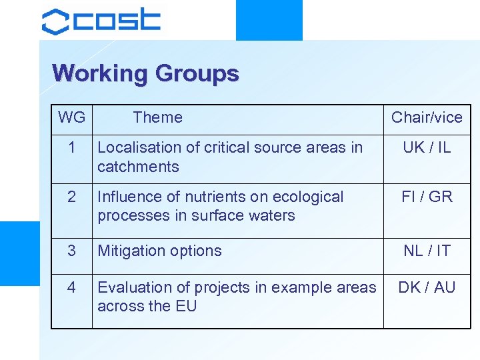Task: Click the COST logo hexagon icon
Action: [55, 21]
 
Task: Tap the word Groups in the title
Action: [197, 73]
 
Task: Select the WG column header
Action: [71, 118]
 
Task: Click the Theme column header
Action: [157, 118]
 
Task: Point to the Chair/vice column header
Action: [427, 118]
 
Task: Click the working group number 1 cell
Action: [71, 147]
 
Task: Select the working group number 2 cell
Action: [71, 197]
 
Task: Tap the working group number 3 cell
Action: [71, 251]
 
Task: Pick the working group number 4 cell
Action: [71, 287]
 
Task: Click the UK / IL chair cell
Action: [427, 147]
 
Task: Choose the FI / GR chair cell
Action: [427, 197]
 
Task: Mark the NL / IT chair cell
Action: [427, 251]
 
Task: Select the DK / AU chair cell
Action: [427, 287]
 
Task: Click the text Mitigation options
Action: [159, 251]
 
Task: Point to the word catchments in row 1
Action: [138, 167]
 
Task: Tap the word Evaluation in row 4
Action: [134, 287]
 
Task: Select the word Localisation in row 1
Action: [135, 147]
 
